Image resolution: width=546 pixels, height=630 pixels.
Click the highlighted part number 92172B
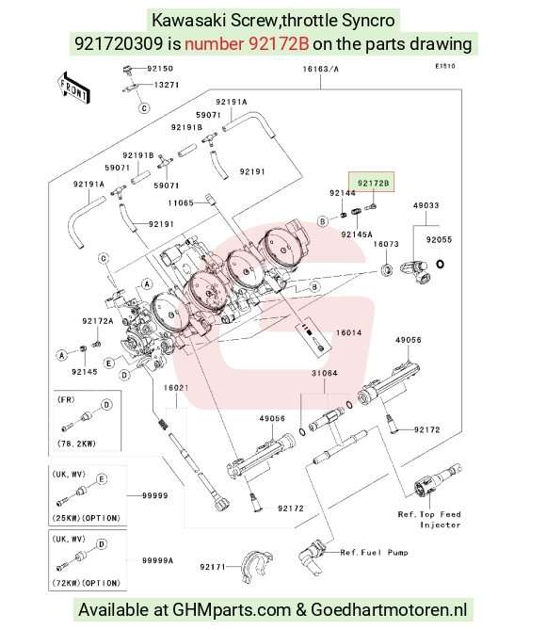tap(373, 184)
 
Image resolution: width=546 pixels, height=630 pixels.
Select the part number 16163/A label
tap(320, 69)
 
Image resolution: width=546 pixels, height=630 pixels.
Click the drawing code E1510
tap(445, 66)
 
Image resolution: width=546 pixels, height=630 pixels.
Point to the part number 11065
tap(181, 202)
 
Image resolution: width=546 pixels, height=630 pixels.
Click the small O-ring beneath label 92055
tap(440, 264)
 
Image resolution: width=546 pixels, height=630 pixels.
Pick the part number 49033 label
tap(426, 205)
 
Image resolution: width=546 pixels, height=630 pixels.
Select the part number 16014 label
tap(348, 332)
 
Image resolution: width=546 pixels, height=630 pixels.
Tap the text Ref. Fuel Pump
tap(374, 553)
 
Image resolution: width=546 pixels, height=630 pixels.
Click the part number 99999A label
tap(157, 560)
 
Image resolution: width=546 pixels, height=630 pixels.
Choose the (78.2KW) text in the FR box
tap(76, 444)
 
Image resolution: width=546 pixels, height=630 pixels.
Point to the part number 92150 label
tap(160, 69)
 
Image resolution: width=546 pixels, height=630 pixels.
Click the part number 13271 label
tap(167, 85)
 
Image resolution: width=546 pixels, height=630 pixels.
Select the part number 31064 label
tap(324, 373)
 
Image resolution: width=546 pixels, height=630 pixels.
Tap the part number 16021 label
tap(176, 388)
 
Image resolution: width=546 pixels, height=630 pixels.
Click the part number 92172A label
tap(98, 321)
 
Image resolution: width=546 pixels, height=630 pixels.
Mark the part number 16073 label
tap(386, 244)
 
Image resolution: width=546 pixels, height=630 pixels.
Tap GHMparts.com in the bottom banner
tap(232, 610)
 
